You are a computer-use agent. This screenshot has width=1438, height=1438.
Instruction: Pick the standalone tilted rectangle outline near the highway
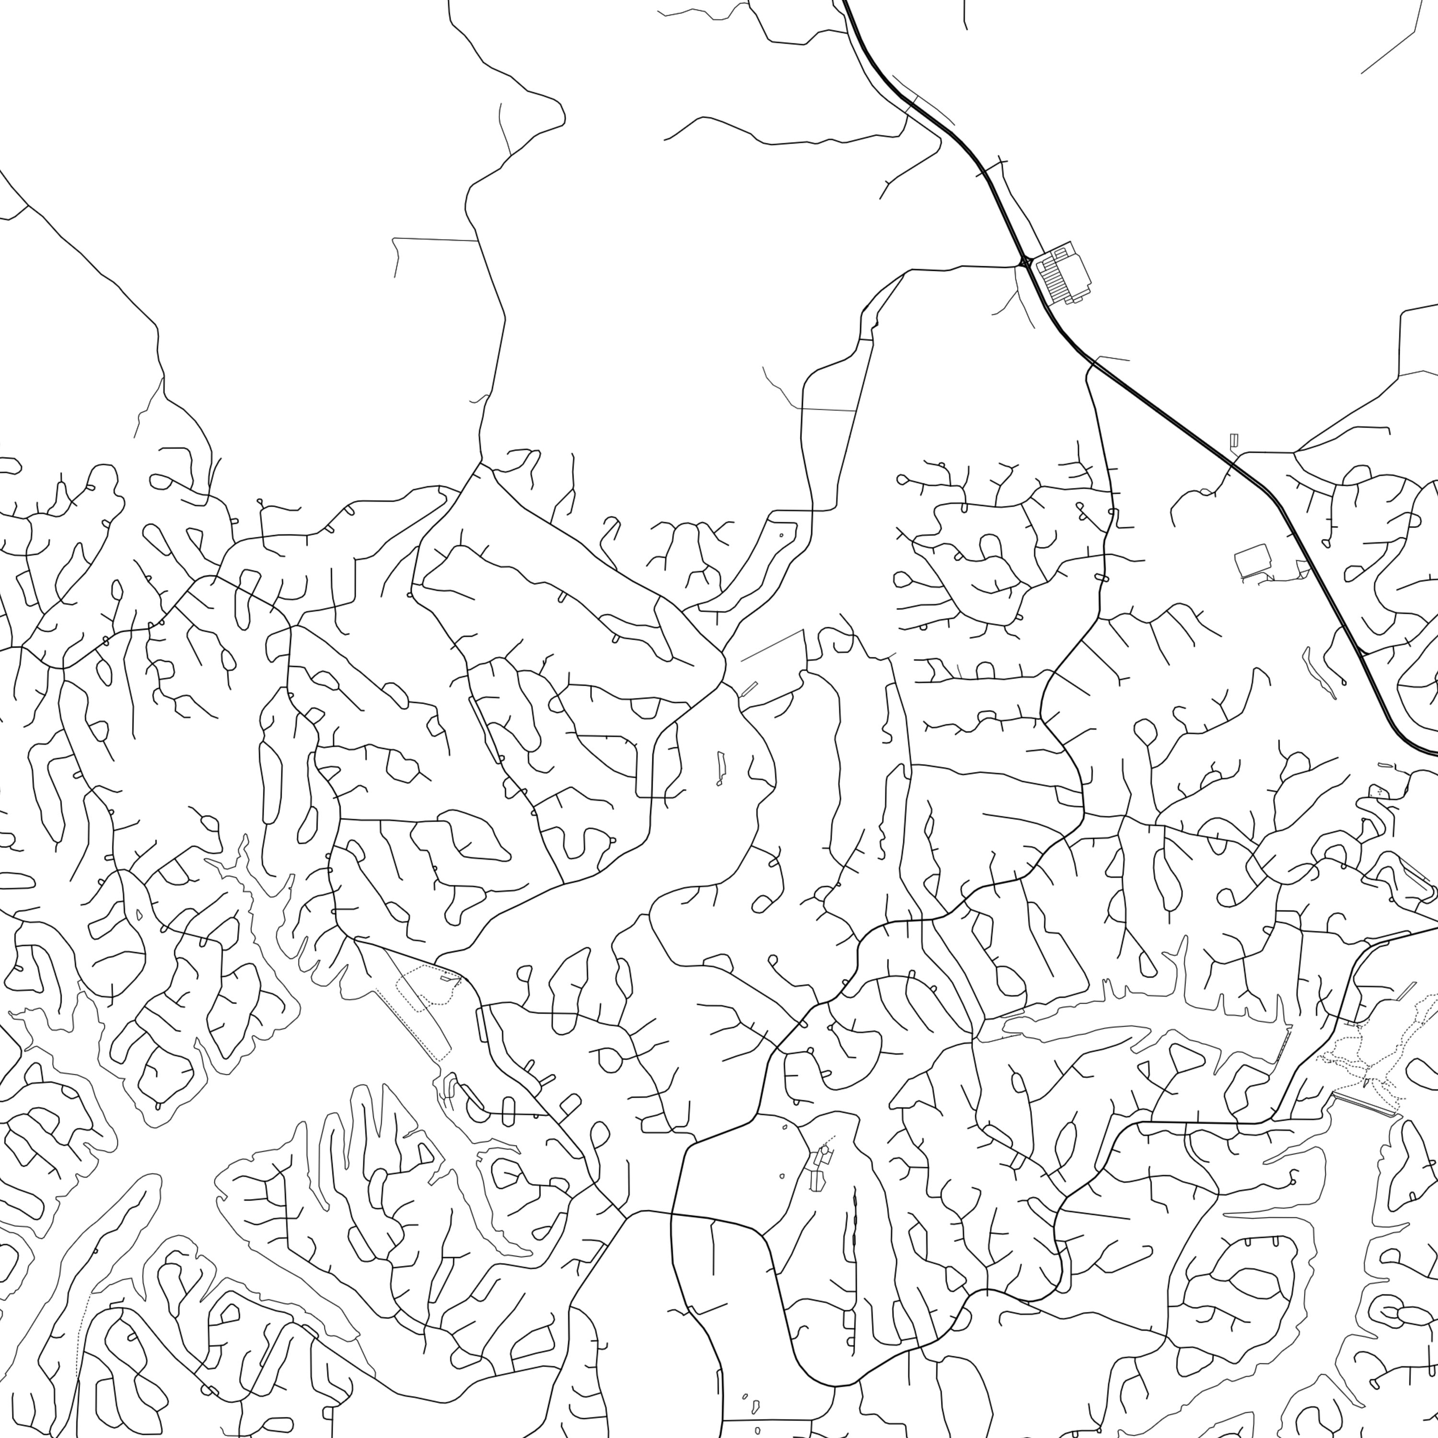tap(1252, 560)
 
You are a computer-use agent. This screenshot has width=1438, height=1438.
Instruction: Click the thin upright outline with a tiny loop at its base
tap(720, 766)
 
